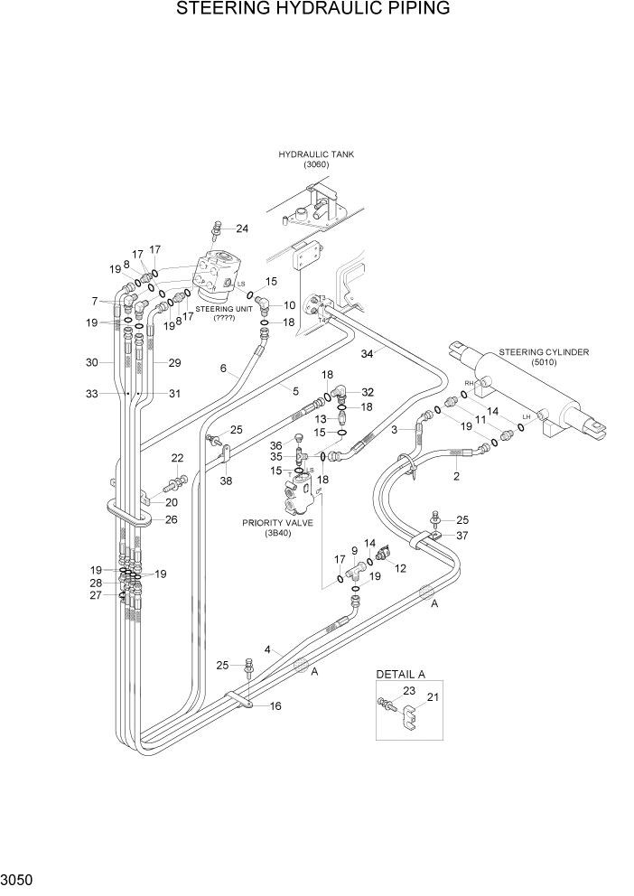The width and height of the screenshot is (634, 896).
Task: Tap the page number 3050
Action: point(19,879)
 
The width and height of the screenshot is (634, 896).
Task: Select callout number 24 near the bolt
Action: point(241,228)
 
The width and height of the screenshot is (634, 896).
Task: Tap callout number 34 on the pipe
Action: point(367,353)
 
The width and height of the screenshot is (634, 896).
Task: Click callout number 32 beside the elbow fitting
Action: point(367,392)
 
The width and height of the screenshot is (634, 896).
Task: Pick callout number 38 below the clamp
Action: point(226,481)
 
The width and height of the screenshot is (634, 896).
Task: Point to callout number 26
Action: point(171,519)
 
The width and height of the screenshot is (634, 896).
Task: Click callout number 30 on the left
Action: point(91,362)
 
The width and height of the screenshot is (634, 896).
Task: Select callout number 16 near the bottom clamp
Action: point(275,705)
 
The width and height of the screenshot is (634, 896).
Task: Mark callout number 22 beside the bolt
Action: point(177,458)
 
